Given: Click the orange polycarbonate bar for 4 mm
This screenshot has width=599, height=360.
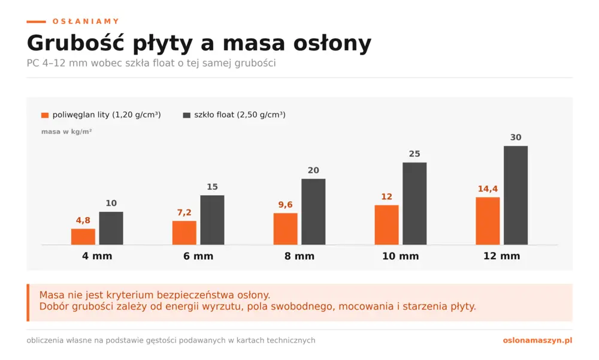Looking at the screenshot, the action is (x=83, y=237).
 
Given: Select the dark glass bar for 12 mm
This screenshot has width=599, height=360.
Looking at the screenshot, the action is (x=516, y=195).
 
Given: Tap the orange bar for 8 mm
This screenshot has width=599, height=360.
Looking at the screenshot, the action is (x=285, y=229).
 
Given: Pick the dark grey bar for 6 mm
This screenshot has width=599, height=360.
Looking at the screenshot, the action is (x=213, y=220).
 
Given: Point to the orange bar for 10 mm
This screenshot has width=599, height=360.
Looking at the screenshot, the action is (x=386, y=225).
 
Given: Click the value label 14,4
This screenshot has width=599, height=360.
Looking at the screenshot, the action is (x=488, y=189).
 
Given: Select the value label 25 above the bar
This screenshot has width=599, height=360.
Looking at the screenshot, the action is (x=415, y=154).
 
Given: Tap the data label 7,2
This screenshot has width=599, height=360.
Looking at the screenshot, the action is (x=184, y=213).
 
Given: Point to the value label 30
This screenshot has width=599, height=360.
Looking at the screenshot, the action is (x=516, y=137).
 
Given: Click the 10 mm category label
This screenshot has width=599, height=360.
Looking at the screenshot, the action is (x=400, y=256).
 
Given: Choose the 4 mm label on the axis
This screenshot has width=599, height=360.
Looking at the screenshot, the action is (x=97, y=256).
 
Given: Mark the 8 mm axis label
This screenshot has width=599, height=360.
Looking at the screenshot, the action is (x=299, y=256).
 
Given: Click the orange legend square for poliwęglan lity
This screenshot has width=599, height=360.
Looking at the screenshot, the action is (x=45, y=115).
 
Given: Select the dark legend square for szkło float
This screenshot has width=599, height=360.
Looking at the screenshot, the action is (x=187, y=115).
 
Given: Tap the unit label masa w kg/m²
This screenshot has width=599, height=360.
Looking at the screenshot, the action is (x=66, y=131).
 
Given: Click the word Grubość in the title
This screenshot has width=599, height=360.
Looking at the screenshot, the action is (x=75, y=43).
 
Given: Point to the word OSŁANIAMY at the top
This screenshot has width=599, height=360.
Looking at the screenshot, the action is (x=86, y=22).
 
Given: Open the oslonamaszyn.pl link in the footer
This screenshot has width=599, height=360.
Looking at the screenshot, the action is (x=537, y=340).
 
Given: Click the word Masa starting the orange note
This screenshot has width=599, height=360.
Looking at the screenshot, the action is (x=52, y=295).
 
